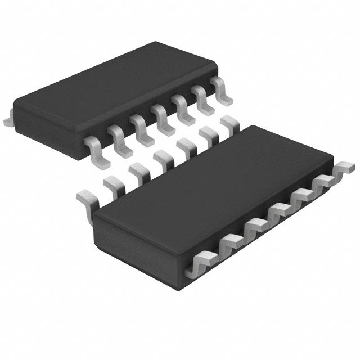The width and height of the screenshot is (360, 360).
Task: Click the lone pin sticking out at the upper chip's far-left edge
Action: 7,120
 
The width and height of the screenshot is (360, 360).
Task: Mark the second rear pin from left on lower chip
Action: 112,182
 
